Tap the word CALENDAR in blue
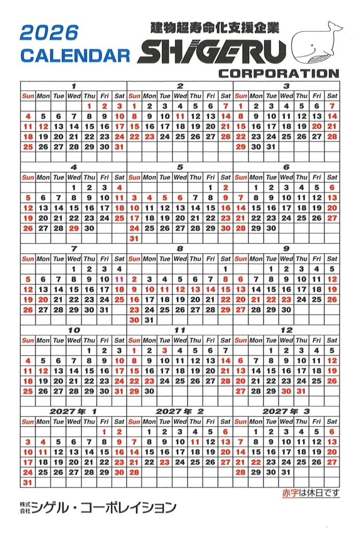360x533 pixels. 75,55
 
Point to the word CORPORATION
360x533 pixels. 279,73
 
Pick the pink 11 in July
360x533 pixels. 120,279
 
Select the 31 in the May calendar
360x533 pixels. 134,238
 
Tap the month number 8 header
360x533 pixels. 180,248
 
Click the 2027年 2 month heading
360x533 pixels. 180,411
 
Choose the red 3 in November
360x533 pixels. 165,350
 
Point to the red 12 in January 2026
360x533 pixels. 43,126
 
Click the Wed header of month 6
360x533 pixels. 286,177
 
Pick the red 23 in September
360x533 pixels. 286,299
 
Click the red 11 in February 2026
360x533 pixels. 180,116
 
